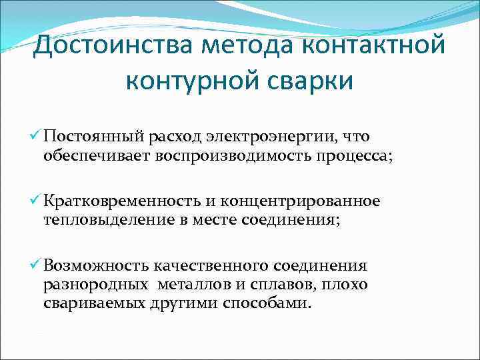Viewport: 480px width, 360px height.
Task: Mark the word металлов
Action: point(193,285)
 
